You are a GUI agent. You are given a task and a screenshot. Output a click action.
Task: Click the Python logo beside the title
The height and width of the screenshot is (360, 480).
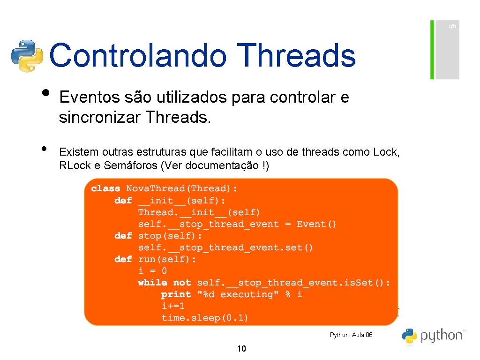coord(27,56)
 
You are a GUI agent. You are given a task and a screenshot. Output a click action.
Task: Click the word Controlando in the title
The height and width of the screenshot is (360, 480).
coord(138,55)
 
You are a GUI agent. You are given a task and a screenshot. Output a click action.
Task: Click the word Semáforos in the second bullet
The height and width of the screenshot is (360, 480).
coord(138,166)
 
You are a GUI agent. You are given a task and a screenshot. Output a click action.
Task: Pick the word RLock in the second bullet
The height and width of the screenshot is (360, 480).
coord(73,166)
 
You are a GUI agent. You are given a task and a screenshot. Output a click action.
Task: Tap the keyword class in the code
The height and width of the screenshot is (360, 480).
coord(105,188)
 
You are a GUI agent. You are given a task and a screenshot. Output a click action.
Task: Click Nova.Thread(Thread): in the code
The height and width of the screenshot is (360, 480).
coord(182,188)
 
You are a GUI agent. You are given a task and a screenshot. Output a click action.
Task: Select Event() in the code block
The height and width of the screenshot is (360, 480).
coord(316,224)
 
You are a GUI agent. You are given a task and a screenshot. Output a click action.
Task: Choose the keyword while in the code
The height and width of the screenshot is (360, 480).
coord(152,283)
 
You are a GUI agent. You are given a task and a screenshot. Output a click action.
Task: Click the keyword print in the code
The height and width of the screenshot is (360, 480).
coord(176,294)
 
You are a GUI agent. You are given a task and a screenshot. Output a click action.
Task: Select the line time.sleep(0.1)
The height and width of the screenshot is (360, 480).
coord(205,318)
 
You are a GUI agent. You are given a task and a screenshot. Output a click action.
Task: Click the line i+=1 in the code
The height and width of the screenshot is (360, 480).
coord(173,306)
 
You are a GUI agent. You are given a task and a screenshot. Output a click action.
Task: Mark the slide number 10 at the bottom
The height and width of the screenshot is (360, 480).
coord(242,348)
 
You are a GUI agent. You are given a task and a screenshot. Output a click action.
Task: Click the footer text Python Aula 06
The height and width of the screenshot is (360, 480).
coord(351,335)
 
